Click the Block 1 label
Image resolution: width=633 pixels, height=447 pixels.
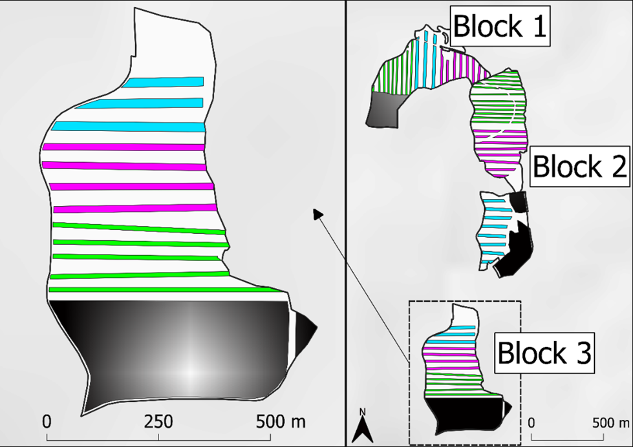click(500, 26)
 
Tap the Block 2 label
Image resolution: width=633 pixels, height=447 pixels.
click(580, 166)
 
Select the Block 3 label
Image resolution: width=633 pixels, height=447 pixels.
click(544, 353)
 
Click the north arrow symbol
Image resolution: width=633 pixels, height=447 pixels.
click(363, 426)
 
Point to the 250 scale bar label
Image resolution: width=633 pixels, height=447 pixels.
click(158, 422)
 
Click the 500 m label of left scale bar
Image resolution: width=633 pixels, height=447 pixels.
click(281, 422)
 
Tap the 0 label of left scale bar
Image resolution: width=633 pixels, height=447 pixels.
click(47, 422)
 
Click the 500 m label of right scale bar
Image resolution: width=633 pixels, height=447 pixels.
click(611, 423)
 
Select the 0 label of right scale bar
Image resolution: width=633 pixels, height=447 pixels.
click(531, 423)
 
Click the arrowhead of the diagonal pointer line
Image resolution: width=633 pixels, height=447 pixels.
click(317, 213)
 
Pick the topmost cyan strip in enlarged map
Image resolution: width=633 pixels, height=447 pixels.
click(164, 82)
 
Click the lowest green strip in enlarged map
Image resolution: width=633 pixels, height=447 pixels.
click(166, 289)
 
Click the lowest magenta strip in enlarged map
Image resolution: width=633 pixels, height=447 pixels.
click(136, 209)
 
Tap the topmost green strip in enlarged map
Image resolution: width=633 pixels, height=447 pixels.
click(139, 228)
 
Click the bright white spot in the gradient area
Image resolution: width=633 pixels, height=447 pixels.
click(191, 372)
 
